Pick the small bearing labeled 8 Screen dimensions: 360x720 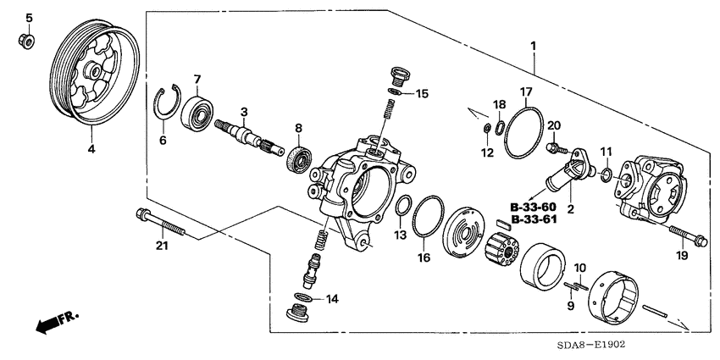(x=297, y=159)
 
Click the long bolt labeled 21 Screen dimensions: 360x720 (x=162, y=224)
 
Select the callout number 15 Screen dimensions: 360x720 (x=422, y=92)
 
